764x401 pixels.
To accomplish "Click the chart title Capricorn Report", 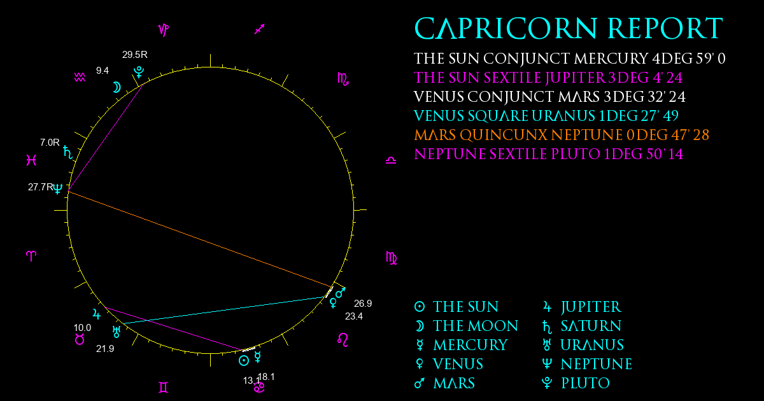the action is click(x=568, y=29).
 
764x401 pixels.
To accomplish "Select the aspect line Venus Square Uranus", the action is click(x=223, y=310).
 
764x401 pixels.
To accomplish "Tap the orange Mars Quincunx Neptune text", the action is click(x=562, y=135).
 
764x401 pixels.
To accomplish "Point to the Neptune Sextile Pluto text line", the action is click(x=548, y=154).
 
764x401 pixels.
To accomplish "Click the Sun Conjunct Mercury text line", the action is click(x=570, y=59).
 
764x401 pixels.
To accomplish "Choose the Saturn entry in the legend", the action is click(x=582, y=327).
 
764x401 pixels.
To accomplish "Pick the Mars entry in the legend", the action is click(x=444, y=383).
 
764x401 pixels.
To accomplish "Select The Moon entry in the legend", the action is click(x=466, y=326).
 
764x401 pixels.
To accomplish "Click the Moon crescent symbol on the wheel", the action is click(x=117, y=87).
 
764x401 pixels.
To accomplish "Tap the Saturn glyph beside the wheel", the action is click(x=68, y=152).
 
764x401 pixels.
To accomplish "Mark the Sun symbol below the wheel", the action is click(x=243, y=360).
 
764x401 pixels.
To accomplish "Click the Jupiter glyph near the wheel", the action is click(x=97, y=314).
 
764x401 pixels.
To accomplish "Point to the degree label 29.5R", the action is click(x=135, y=55).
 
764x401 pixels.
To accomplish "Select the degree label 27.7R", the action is click(x=41, y=187).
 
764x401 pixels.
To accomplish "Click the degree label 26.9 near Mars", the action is click(x=363, y=303).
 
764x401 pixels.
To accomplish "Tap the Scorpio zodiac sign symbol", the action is click(x=343, y=79).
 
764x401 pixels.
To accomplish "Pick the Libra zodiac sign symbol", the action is click(x=391, y=160).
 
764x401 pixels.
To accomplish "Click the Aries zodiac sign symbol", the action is click(x=31, y=256).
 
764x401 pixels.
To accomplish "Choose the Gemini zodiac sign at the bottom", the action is click(x=164, y=388).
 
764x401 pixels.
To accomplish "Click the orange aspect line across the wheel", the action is click(x=200, y=239).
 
